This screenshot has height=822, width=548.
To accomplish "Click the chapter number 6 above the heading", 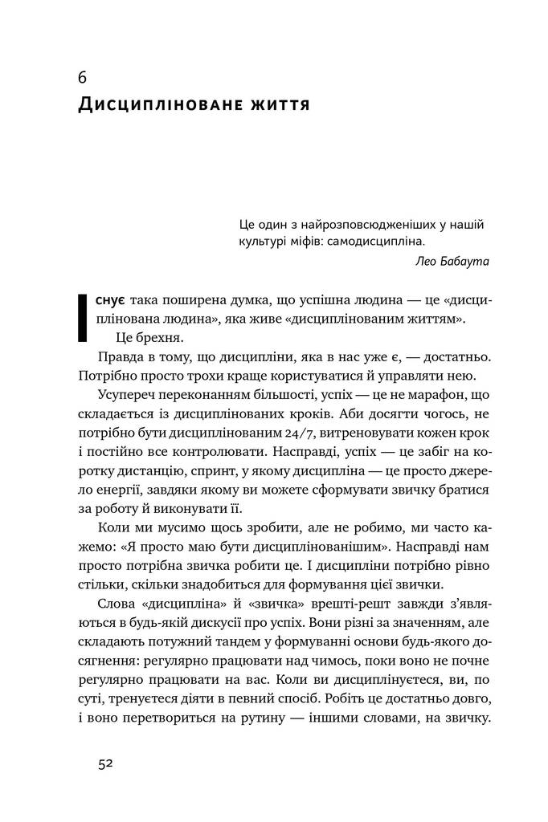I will click(x=83, y=79).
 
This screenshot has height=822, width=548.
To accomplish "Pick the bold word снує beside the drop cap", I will click(x=108, y=300).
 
